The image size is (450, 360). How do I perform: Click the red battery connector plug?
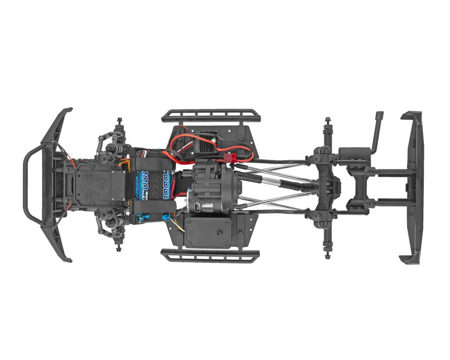[230, 157]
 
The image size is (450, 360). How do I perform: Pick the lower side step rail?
[210, 255]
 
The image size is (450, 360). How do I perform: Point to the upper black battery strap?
[150, 164]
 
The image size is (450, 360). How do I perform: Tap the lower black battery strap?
[152, 206]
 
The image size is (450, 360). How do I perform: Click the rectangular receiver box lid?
[207, 231]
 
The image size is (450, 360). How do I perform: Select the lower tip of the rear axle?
[328, 255]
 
